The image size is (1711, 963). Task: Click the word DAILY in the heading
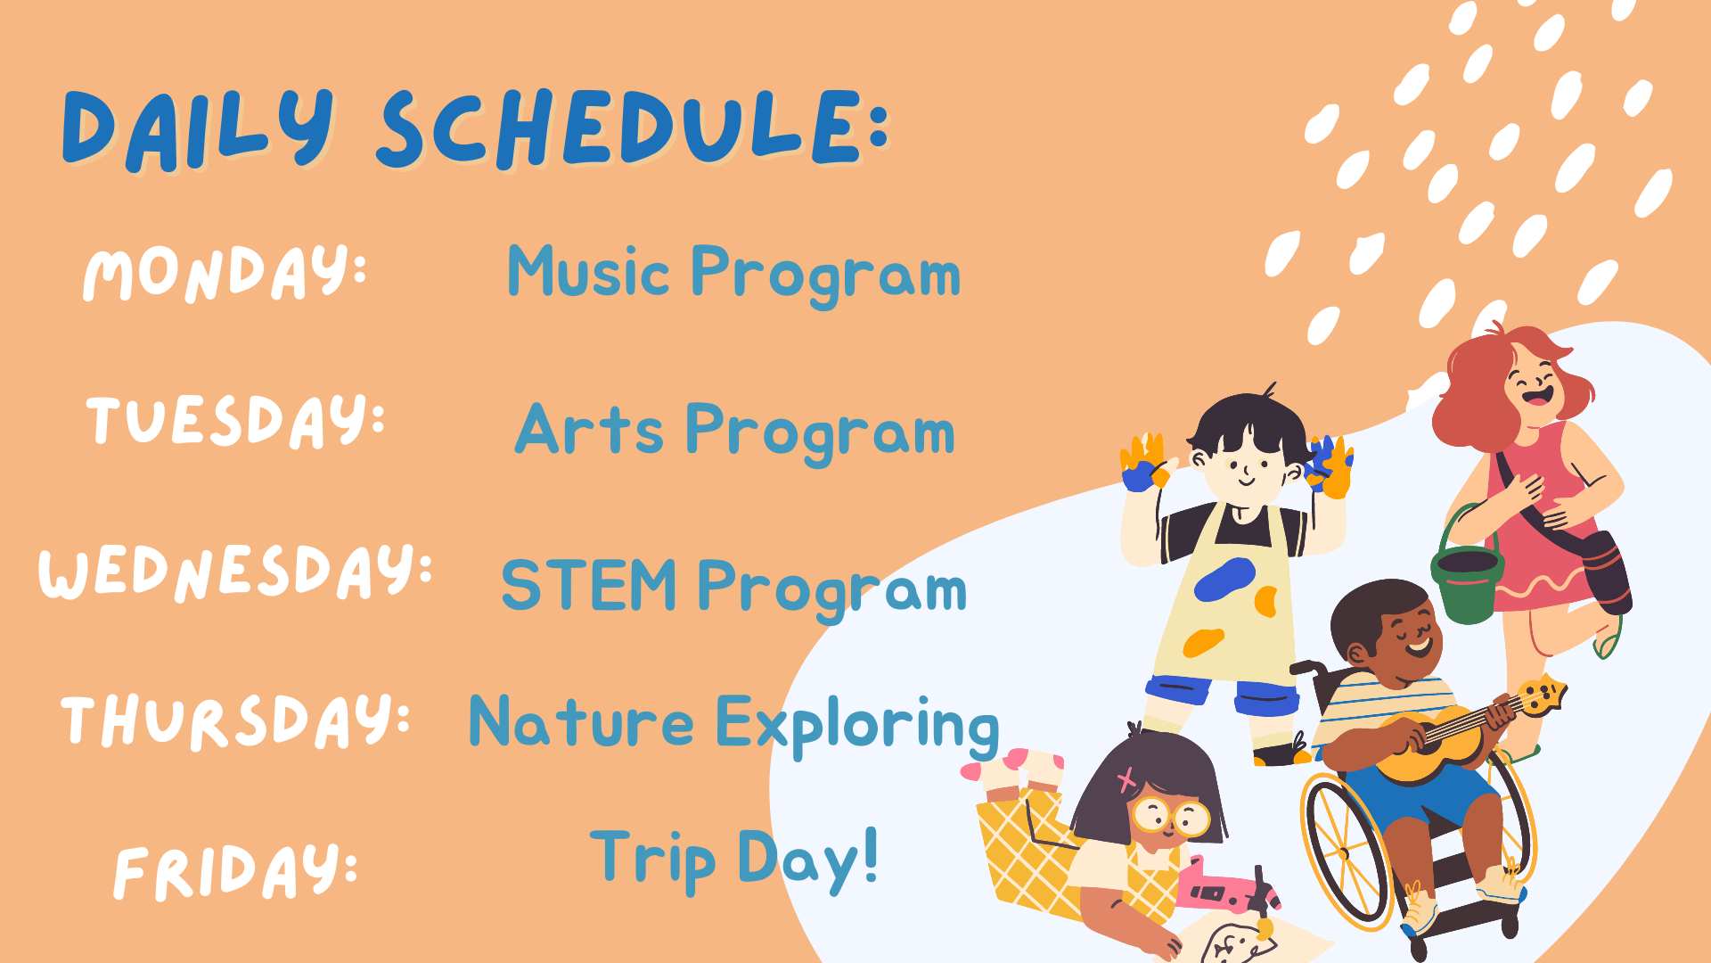pyautogui.click(x=198, y=129)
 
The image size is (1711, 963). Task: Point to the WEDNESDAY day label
pyautogui.click(x=235, y=571)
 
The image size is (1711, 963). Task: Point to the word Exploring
pyautogui.click(x=857, y=726)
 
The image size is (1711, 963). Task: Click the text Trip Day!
pyautogui.click(x=734, y=858)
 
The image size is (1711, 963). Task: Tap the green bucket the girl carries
pyautogui.click(x=1467, y=578)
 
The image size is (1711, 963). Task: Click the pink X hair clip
pyautogui.click(x=1126, y=780)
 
